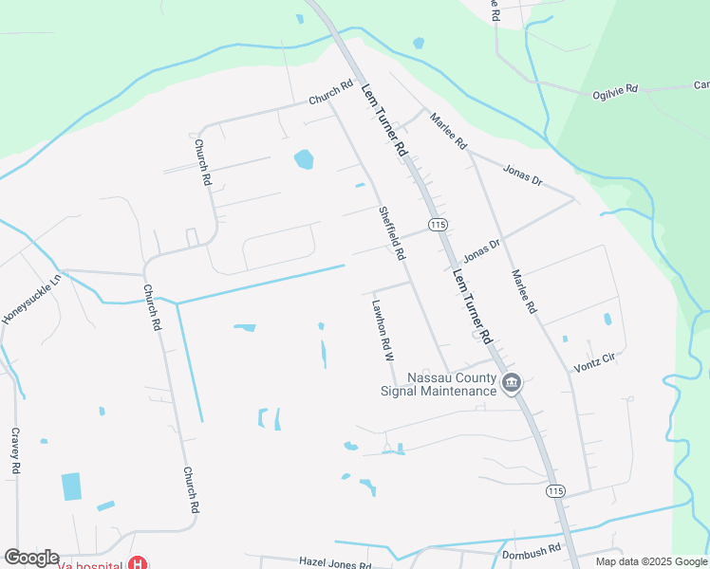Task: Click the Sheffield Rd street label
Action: tap(392, 234)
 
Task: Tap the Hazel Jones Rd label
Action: tap(335, 563)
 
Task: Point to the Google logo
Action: tap(31, 558)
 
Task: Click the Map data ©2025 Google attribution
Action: tap(651, 561)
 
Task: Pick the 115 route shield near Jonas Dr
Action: tap(437, 224)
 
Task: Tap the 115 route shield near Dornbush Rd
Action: tap(555, 490)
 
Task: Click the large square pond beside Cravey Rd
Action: tap(71, 486)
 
